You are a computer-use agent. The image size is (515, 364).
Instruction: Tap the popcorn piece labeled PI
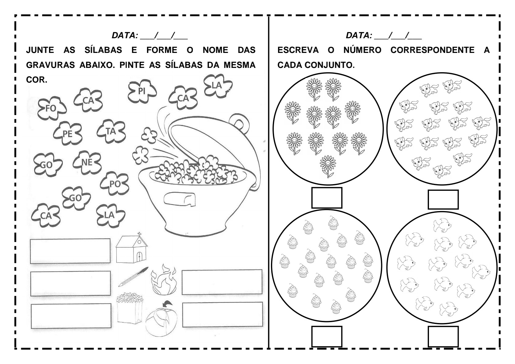coord(142,91)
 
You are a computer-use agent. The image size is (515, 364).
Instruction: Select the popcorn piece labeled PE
coord(67,133)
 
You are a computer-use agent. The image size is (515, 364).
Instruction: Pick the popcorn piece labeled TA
coord(111,131)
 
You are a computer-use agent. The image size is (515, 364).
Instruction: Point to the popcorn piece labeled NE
coord(87,162)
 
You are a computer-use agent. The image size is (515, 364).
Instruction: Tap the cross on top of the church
coord(139,234)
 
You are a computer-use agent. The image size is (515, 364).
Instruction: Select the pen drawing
coord(133,277)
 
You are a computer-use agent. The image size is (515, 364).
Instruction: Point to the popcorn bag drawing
coord(130,308)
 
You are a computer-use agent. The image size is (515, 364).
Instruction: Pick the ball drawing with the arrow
coord(161,320)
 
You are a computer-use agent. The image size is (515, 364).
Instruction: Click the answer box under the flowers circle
coord(327,198)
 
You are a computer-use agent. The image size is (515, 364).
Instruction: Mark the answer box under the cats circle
coord(443,199)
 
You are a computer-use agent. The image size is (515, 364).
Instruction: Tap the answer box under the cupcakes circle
coord(327,336)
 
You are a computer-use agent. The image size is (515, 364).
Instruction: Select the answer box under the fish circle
coord(443,336)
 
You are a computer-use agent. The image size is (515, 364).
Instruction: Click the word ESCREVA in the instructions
coord(298,50)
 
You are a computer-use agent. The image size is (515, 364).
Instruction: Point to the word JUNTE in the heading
coord(40,50)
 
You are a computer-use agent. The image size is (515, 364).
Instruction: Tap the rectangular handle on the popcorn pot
coord(179,199)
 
